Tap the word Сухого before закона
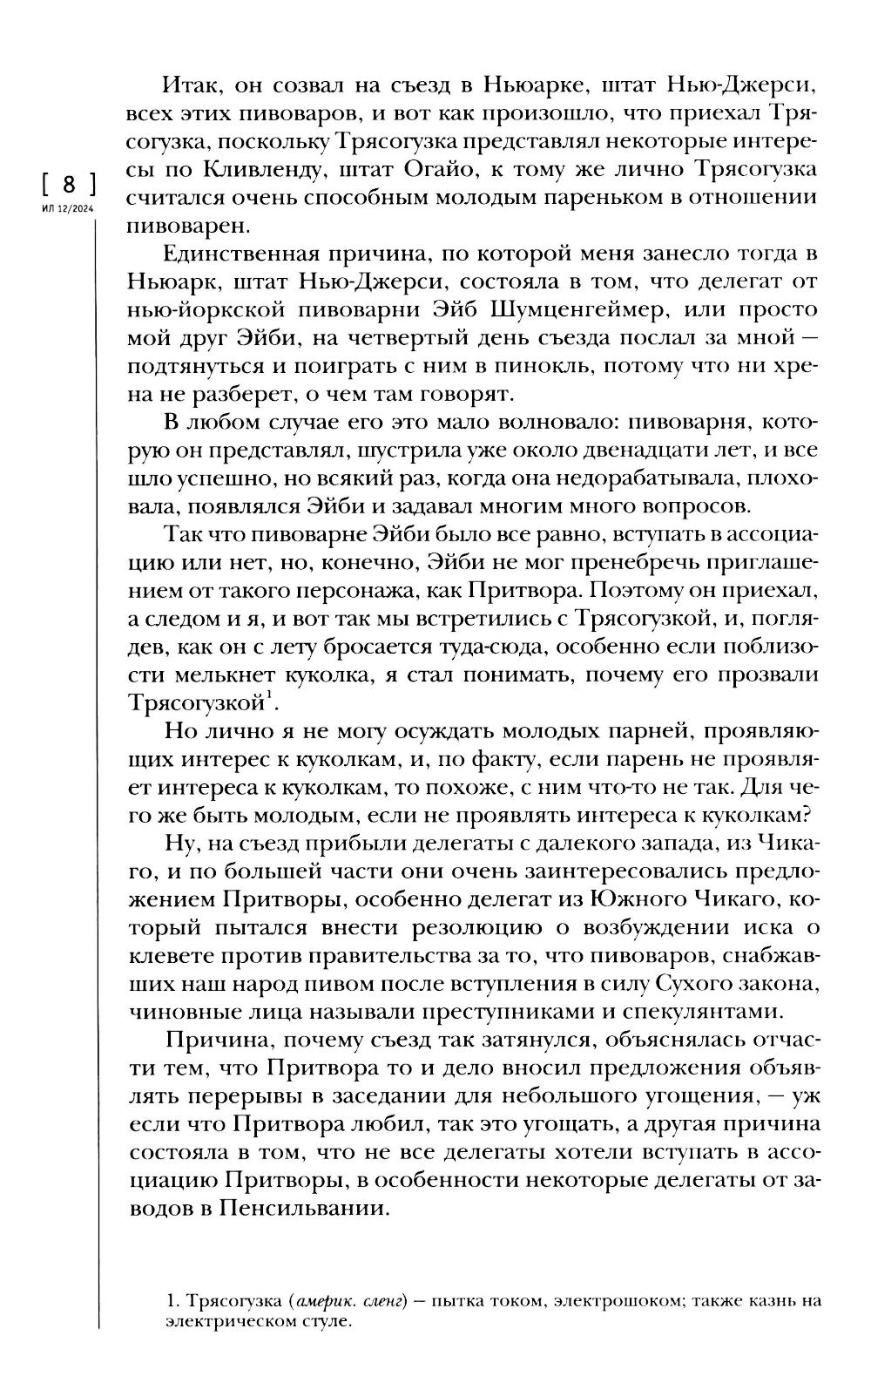click(x=701, y=985)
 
